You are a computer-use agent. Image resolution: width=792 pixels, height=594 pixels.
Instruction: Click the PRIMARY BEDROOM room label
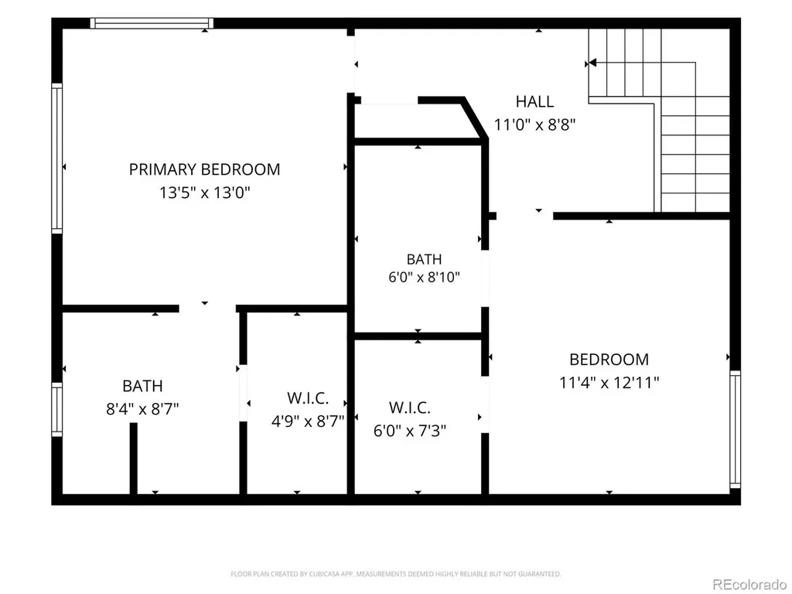204,169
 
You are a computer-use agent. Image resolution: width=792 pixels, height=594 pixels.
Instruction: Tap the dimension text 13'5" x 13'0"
205,193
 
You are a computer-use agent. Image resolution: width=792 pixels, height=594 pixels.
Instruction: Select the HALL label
535,101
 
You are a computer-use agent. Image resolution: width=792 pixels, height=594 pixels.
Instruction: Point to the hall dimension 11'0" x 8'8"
535,125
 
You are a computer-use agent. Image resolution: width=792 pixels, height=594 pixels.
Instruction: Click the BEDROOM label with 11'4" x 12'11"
609,359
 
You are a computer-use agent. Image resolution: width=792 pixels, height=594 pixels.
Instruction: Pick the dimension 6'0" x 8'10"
425,278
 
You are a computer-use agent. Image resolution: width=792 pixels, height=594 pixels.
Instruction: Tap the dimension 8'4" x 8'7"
142,408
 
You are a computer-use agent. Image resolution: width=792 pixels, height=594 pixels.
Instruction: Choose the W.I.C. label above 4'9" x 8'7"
308,398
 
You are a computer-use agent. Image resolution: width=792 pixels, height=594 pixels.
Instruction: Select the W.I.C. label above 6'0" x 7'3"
410,407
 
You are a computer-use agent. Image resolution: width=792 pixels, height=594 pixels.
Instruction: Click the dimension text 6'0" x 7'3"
410,431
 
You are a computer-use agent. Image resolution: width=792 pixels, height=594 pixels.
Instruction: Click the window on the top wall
152,23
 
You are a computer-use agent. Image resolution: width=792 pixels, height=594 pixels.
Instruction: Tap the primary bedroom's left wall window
57,159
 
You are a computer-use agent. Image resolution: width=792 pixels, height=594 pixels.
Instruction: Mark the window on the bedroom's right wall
736,430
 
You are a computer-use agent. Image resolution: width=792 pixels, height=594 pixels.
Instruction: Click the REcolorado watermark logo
749,585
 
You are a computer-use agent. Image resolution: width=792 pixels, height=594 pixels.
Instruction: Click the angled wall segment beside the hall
476,118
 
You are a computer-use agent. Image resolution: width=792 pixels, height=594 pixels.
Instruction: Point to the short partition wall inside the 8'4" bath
133,458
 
